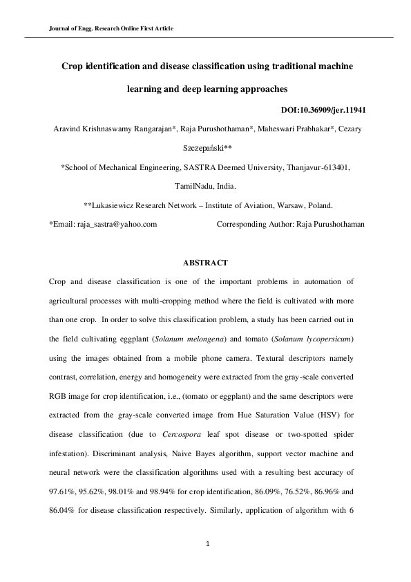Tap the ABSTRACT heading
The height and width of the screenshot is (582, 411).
coord(205,263)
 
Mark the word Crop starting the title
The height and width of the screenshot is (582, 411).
coord(73,67)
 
